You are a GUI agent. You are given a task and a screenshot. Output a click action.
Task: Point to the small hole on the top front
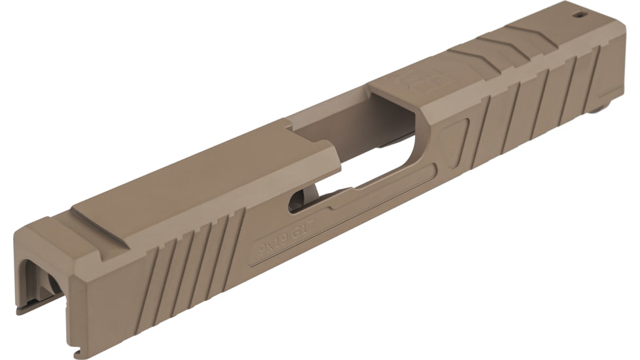[x=579, y=12]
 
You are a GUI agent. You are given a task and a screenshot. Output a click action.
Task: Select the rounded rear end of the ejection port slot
[x=296, y=200]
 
